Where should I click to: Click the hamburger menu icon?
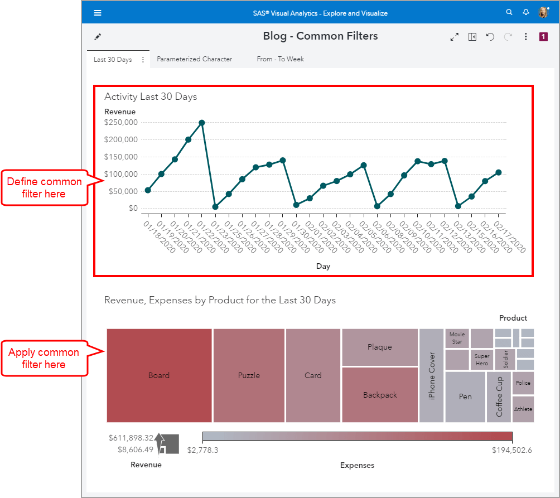tap(98, 13)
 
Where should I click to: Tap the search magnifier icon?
tap(509, 12)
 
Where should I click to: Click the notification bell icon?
tap(525, 12)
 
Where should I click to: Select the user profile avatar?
tap(543, 12)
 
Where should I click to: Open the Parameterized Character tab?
tap(194, 59)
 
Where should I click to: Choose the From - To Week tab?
tap(280, 59)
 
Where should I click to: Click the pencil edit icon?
tap(98, 37)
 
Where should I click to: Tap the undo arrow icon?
tap(490, 37)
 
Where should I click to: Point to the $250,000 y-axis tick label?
tap(121, 122)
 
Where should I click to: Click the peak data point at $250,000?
tap(202, 123)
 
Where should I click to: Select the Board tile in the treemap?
tap(159, 375)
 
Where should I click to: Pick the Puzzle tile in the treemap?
tap(249, 375)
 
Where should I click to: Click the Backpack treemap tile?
tap(380, 395)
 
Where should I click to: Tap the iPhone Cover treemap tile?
tap(431, 375)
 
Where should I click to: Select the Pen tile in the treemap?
tap(465, 397)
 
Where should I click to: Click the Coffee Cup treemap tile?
tap(499, 397)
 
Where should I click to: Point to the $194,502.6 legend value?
tap(512, 450)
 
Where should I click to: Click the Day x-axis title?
tap(324, 266)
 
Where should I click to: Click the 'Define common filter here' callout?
tap(44, 188)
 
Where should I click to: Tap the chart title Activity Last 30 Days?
tap(151, 96)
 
